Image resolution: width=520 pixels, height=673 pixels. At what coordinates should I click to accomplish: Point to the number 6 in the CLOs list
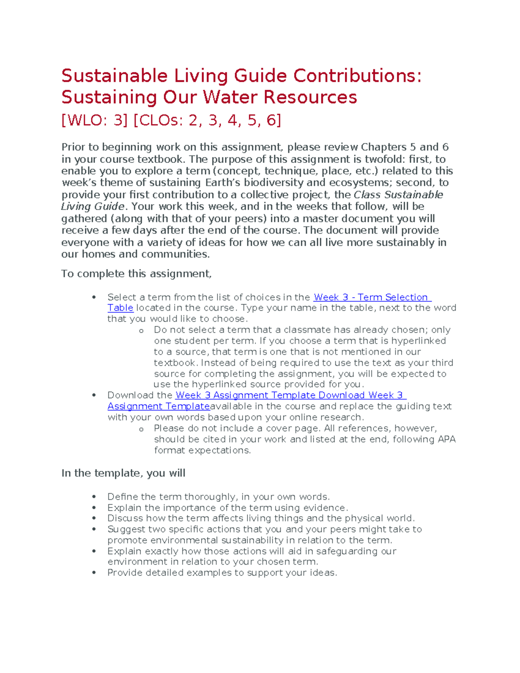pos(273,120)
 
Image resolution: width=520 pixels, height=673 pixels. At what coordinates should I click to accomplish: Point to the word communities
pos(175,254)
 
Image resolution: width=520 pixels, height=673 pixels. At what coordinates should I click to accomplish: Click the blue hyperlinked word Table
pos(120,308)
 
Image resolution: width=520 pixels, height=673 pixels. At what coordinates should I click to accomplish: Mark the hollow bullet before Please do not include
pos(141,429)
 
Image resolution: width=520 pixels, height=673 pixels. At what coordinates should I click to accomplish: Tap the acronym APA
pos(446,439)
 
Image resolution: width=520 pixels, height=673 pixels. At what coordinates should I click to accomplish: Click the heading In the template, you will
pos(123,473)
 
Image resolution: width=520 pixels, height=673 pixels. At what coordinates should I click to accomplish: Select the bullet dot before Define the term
pos(94,497)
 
